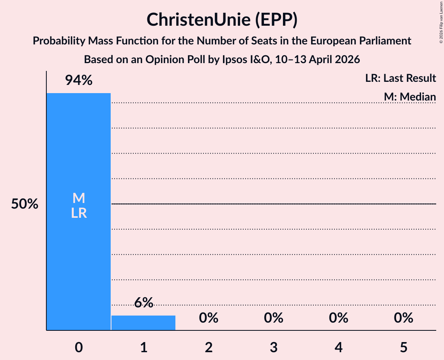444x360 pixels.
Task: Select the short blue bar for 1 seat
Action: pos(143,323)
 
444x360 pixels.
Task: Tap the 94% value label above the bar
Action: pos(79,81)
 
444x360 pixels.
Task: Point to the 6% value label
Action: pos(143,303)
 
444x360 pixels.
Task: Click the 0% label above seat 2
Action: pos(209,318)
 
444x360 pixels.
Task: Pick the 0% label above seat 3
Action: pos(274,318)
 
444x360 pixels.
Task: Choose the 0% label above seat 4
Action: pos(338,318)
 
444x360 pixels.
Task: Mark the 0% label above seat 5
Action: pos(403,318)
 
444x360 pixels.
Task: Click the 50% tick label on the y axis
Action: pos(25,204)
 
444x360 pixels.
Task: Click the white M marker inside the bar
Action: pos(79,198)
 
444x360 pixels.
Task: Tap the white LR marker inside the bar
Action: pos(79,213)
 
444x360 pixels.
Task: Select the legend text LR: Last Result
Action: pos(400,78)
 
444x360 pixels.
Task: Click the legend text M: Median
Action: pos(410,97)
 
